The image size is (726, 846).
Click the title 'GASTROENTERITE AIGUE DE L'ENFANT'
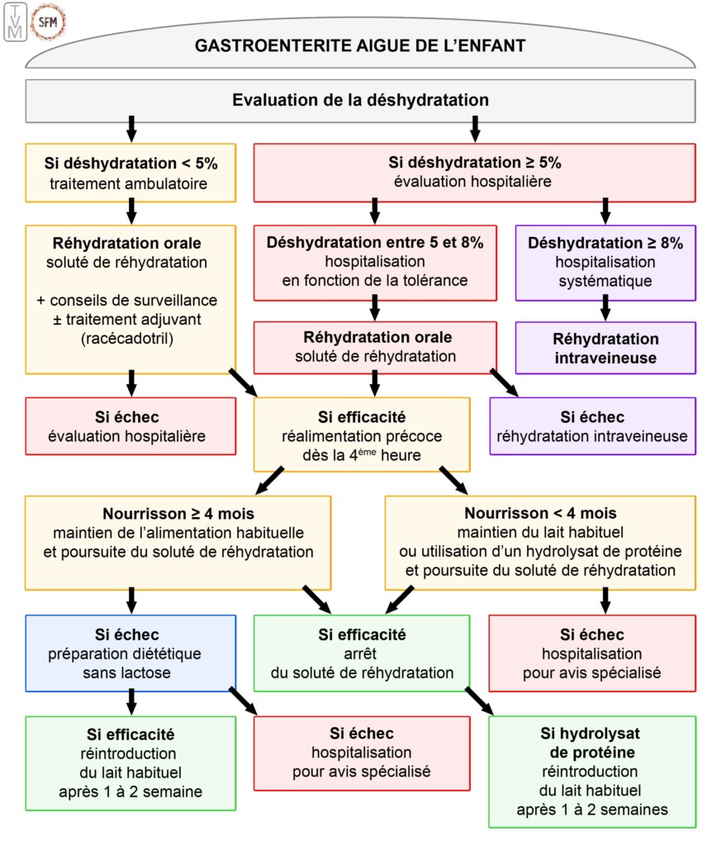(360, 45)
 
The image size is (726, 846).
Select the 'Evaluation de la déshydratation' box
(360, 101)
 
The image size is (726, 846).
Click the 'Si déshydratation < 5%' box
(130, 172)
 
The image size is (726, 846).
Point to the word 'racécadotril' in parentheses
(130, 337)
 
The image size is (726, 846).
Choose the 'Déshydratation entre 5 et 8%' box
(374, 262)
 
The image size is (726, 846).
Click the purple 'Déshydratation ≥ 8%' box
(605, 262)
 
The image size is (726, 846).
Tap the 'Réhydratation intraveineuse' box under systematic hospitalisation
(605, 348)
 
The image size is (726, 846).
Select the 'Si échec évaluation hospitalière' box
(130, 425)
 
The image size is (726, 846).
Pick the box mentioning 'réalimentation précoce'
(362, 434)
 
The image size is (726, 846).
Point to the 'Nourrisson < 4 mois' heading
(540, 513)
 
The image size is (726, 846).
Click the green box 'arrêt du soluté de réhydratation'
(362, 653)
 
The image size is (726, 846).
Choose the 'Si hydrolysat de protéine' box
(592, 770)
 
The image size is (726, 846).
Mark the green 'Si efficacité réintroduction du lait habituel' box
(130, 762)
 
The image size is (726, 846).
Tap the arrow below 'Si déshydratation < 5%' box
(130, 213)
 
